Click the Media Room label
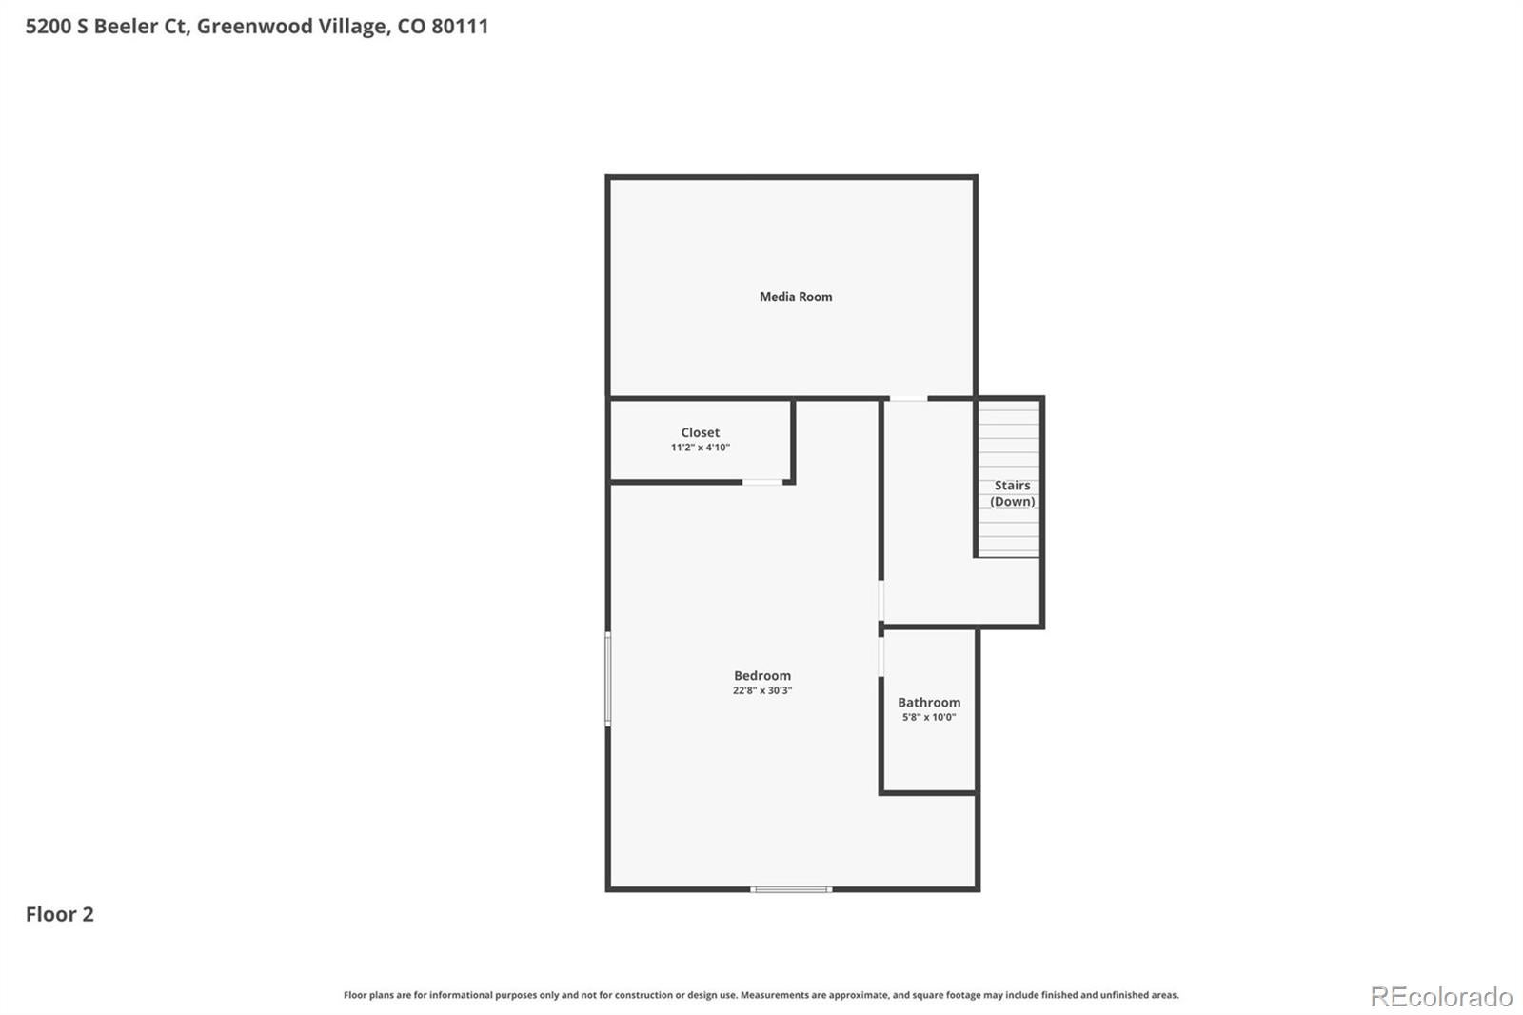796,297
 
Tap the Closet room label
701,432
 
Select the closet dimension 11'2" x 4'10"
701,447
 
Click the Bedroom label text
762,675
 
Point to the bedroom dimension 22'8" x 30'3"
762,690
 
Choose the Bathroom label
929,702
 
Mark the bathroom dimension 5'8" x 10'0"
929,717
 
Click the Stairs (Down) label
1013,493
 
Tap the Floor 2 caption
60,914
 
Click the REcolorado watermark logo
1441,997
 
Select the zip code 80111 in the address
461,26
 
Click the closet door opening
762,483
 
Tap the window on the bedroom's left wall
608,679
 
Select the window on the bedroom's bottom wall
791,889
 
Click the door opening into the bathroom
881,656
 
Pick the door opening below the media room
908,398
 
